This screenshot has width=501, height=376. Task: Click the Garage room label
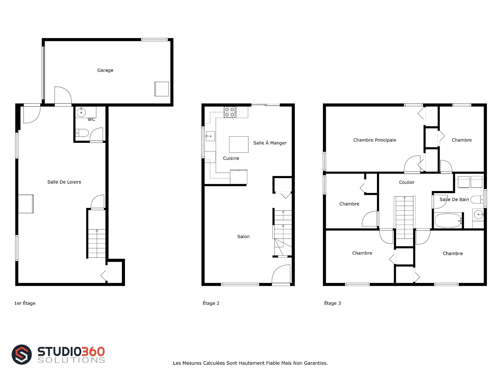click(105, 70)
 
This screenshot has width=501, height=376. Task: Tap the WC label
click(91, 120)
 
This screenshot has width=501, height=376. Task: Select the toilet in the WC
click(82, 133)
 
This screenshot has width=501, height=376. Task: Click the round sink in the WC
click(81, 113)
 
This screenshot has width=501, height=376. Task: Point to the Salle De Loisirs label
click(64, 182)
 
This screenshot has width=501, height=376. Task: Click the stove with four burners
click(230, 112)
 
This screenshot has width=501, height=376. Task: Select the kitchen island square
click(239, 144)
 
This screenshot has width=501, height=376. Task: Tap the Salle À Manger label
click(270, 143)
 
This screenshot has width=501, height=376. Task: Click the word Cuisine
click(231, 158)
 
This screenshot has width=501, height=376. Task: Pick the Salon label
click(243, 237)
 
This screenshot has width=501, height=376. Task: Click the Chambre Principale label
click(375, 140)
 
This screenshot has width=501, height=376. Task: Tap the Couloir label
click(407, 182)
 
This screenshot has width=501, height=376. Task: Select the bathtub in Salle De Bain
click(448, 221)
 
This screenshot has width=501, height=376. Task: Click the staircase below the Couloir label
click(404, 217)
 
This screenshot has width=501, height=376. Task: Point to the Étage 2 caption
click(211, 303)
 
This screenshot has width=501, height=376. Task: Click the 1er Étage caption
click(25, 303)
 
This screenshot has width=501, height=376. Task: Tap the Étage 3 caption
click(332, 303)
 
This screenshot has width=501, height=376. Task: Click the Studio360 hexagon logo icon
click(22, 354)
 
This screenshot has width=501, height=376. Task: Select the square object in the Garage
click(162, 89)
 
